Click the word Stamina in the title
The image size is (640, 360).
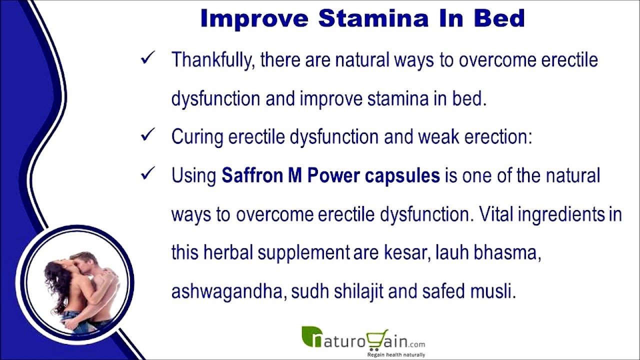click(373, 18)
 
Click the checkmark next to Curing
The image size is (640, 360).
click(147, 134)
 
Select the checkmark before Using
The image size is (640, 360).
click(147, 173)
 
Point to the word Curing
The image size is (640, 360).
click(197, 137)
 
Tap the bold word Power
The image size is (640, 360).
click(333, 175)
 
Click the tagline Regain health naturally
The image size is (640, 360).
click(396, 355)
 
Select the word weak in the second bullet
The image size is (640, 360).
click(438, 136)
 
